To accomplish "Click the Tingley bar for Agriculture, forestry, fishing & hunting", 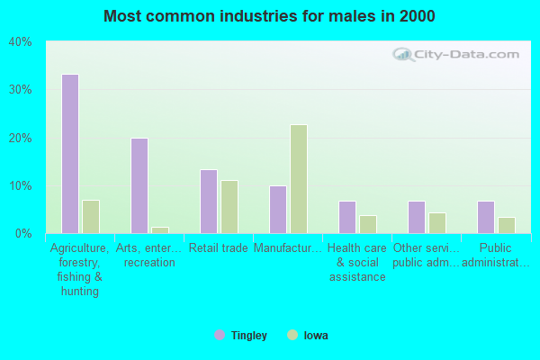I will [69, 154].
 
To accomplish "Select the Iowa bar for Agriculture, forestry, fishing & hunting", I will [90, 217].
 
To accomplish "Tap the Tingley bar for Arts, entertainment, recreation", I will [139, 185].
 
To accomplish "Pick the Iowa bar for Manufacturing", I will [299, 179].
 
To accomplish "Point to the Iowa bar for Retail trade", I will [229, 207].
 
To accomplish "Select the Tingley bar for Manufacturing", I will [278, 210].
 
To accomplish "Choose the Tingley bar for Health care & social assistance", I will [347, 217].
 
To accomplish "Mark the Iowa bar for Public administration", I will [507, 225].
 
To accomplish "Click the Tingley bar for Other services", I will [417, 217].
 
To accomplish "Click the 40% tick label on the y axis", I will [21, 42].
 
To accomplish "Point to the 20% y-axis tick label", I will [21, 138].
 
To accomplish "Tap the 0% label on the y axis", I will [23, 234].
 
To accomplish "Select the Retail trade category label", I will [219, 248].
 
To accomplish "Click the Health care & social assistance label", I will [356, 262].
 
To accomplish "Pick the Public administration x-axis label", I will [495, 255].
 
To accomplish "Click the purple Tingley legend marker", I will [220, 336].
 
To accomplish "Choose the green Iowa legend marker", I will [292, 336].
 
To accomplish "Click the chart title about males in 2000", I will [269, 16].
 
